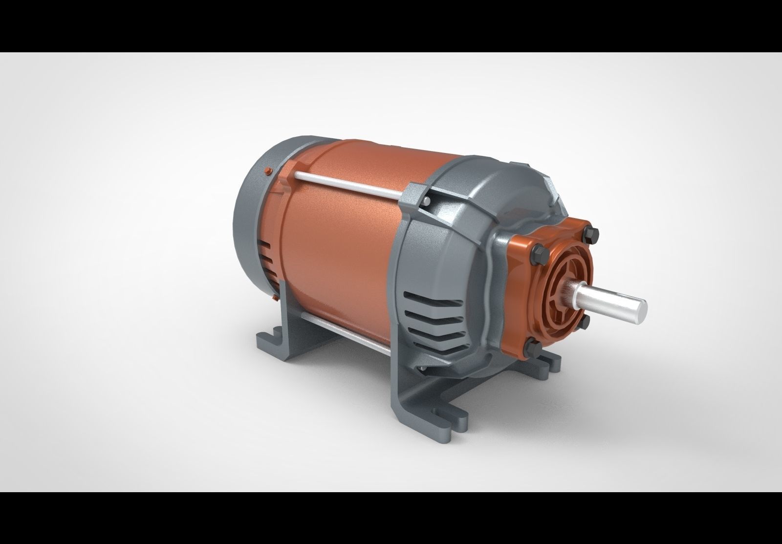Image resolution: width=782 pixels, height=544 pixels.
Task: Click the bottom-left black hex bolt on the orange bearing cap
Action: pyautogui.click(x=533, y=348)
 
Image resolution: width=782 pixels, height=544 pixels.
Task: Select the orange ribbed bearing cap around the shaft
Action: pyautogui.click(x=557, y=293)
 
